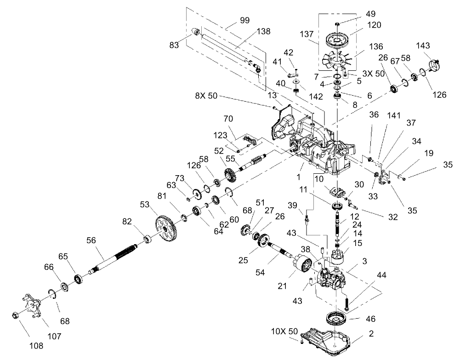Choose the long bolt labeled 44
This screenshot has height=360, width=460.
(346, 302)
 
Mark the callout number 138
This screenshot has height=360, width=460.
(264, 32)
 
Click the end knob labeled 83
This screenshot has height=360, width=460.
(196, 31)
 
